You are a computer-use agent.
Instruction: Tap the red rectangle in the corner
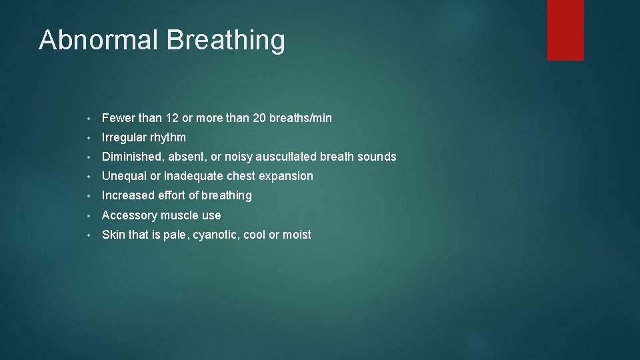pos(565,29)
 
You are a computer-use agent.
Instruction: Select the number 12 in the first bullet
pos(172,118)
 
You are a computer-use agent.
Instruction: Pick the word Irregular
pos(125,138)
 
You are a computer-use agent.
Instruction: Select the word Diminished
pos(131,157)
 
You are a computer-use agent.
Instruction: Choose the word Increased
pos(128,195)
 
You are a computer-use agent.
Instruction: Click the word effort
pos(171,195)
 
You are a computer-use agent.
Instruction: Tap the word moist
pos(297,235)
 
